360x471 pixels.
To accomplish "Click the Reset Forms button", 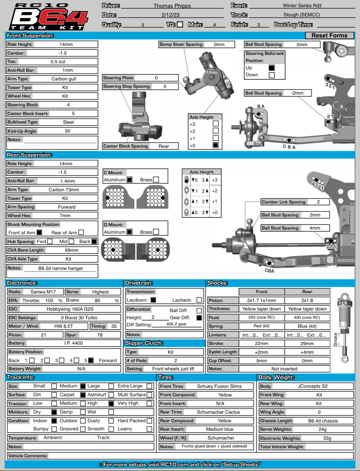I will point(329,35).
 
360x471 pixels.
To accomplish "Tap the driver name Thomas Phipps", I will point(172,6).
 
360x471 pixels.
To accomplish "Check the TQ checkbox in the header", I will point(180,24).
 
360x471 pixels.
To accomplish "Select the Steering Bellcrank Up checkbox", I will point(272,68).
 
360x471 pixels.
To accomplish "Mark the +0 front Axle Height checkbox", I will point(215,145).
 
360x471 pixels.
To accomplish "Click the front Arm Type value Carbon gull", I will point(64,79).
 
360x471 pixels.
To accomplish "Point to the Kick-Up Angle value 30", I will point(67,131).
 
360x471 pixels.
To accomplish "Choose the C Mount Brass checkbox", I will point(156,179).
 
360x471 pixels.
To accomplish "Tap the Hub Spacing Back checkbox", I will point(94,241).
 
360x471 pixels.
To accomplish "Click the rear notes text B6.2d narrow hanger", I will point(60,268).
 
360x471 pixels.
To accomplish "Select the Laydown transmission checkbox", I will point(153,300).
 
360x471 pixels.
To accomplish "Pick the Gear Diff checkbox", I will point(199,318).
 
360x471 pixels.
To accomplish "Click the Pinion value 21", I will point(43,335).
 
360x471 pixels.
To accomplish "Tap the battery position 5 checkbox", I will point(91,360).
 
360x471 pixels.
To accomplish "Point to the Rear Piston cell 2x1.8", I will point(307,300).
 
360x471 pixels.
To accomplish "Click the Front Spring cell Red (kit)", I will point(262,326).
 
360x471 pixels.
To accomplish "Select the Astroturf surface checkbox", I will point(83,395).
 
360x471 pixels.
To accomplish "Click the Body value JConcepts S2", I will point(313,386).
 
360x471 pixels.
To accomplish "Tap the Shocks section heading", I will point(217,283).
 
